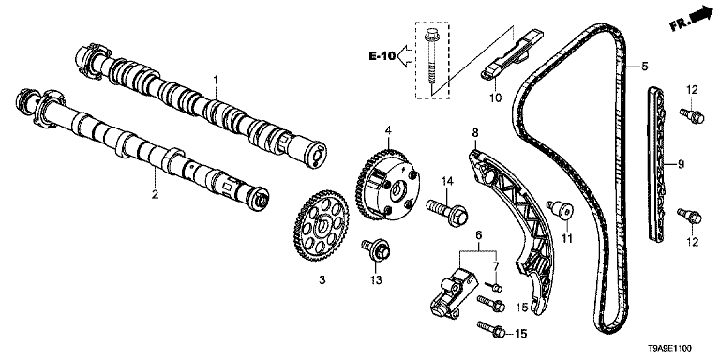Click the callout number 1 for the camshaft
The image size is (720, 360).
point(216,81)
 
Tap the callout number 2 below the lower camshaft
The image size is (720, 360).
point(156,194)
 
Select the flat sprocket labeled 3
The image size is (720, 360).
point(321,227)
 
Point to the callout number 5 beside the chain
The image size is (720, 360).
point(645,67)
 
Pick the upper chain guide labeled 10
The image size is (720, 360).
point(512,55)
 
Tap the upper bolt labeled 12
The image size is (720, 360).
point(692,115)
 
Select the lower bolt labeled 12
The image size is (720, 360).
point(690,216)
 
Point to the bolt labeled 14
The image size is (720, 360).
point(448,212)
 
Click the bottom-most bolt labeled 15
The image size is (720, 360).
point(492,328)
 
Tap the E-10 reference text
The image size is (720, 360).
point(382,56)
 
